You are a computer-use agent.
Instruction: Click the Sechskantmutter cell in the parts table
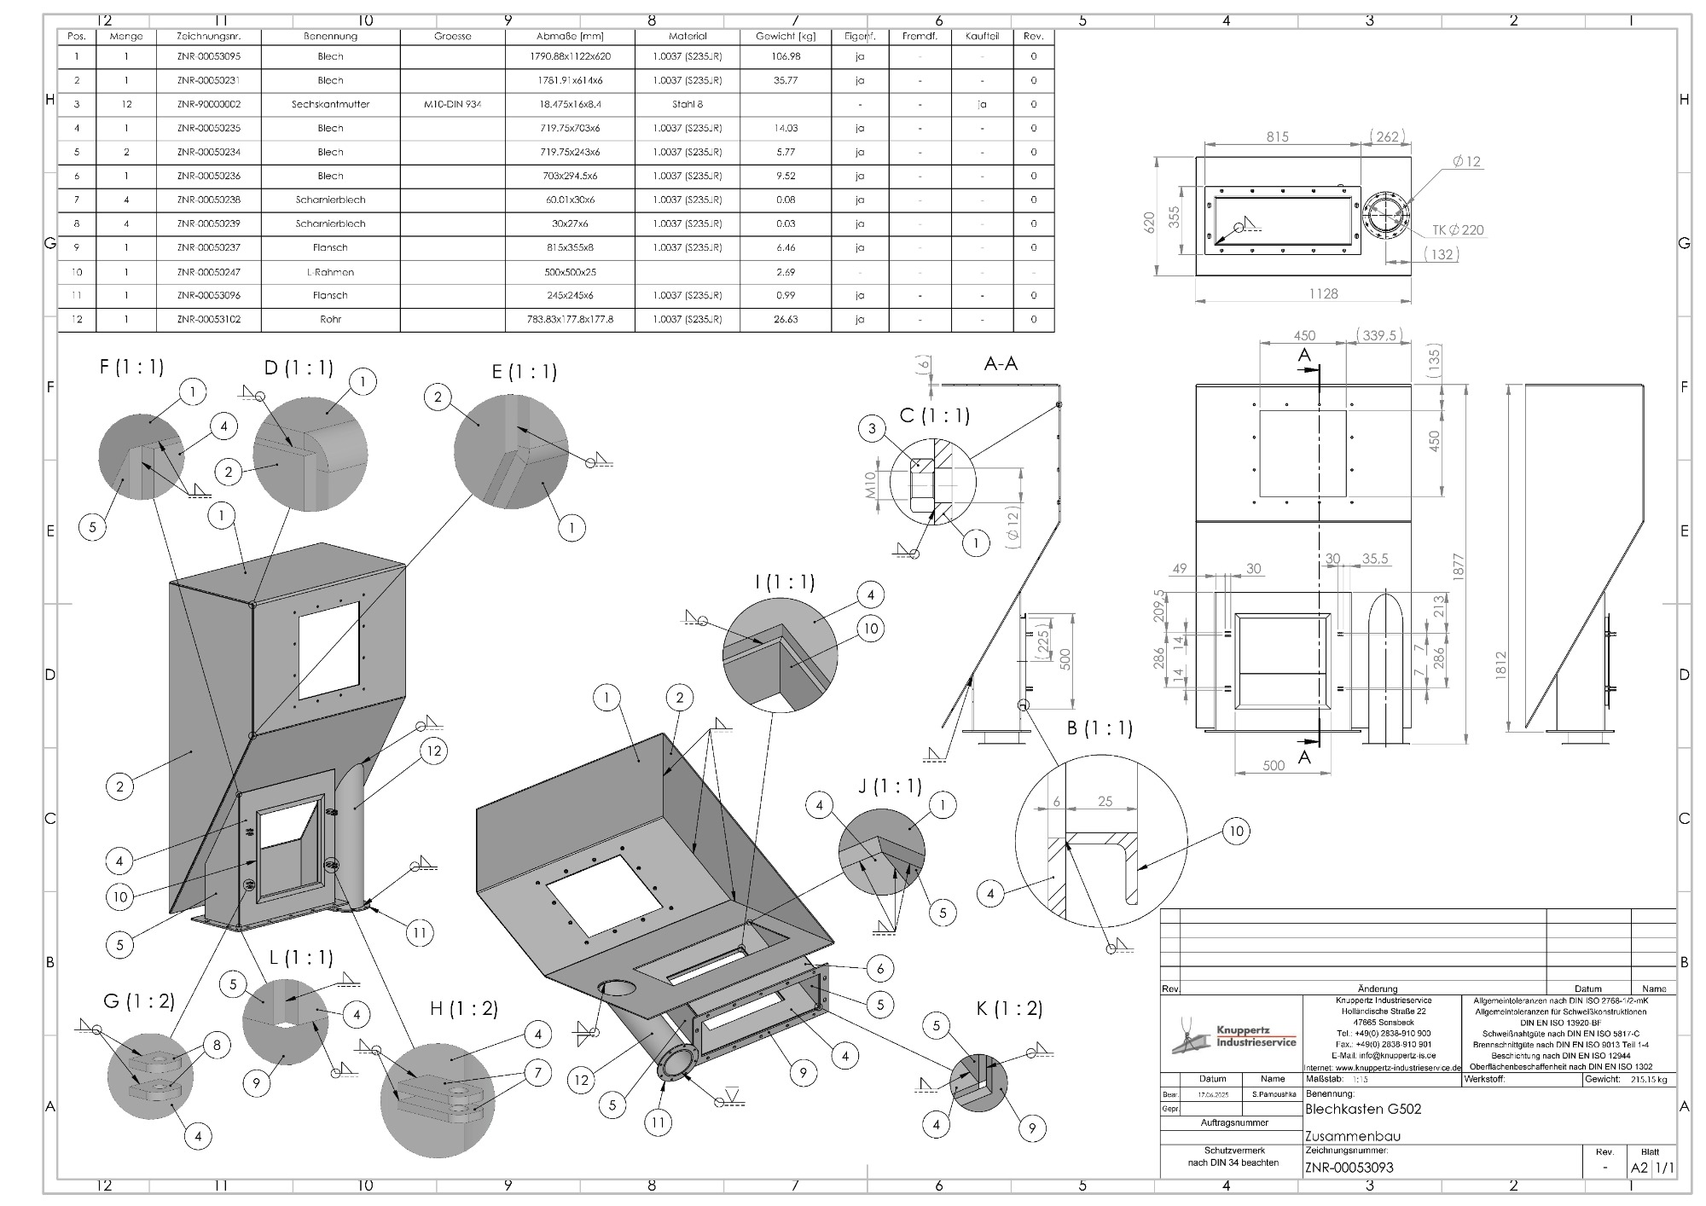click(x=330, y=104)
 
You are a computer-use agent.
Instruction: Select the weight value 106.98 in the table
click(x=785, y=56)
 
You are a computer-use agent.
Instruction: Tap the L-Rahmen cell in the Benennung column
click(x=330, y=272)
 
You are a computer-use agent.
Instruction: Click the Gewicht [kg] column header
click(x=785, y=37)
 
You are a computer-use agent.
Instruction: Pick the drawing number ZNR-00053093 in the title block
click(x=1349, y=1168)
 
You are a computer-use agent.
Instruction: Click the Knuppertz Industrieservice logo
click(x=1233, y=1038)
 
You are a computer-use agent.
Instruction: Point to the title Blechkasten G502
click(x=1363, y=1110)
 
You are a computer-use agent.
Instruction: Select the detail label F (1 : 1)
click(x=131, y=367)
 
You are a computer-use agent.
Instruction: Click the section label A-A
click(x=1001, y=364)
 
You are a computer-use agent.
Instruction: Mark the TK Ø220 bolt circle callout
click(x=1458, y=230)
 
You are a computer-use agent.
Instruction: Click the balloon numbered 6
click(x=879, y=968)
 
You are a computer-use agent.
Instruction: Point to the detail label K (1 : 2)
click(x=1009, y=1009)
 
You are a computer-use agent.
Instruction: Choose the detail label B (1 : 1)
click(x=1100, y=728)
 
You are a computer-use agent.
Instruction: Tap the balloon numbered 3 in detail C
click(x=872, y=429)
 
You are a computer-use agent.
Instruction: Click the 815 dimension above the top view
click(x=1278, y=136)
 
